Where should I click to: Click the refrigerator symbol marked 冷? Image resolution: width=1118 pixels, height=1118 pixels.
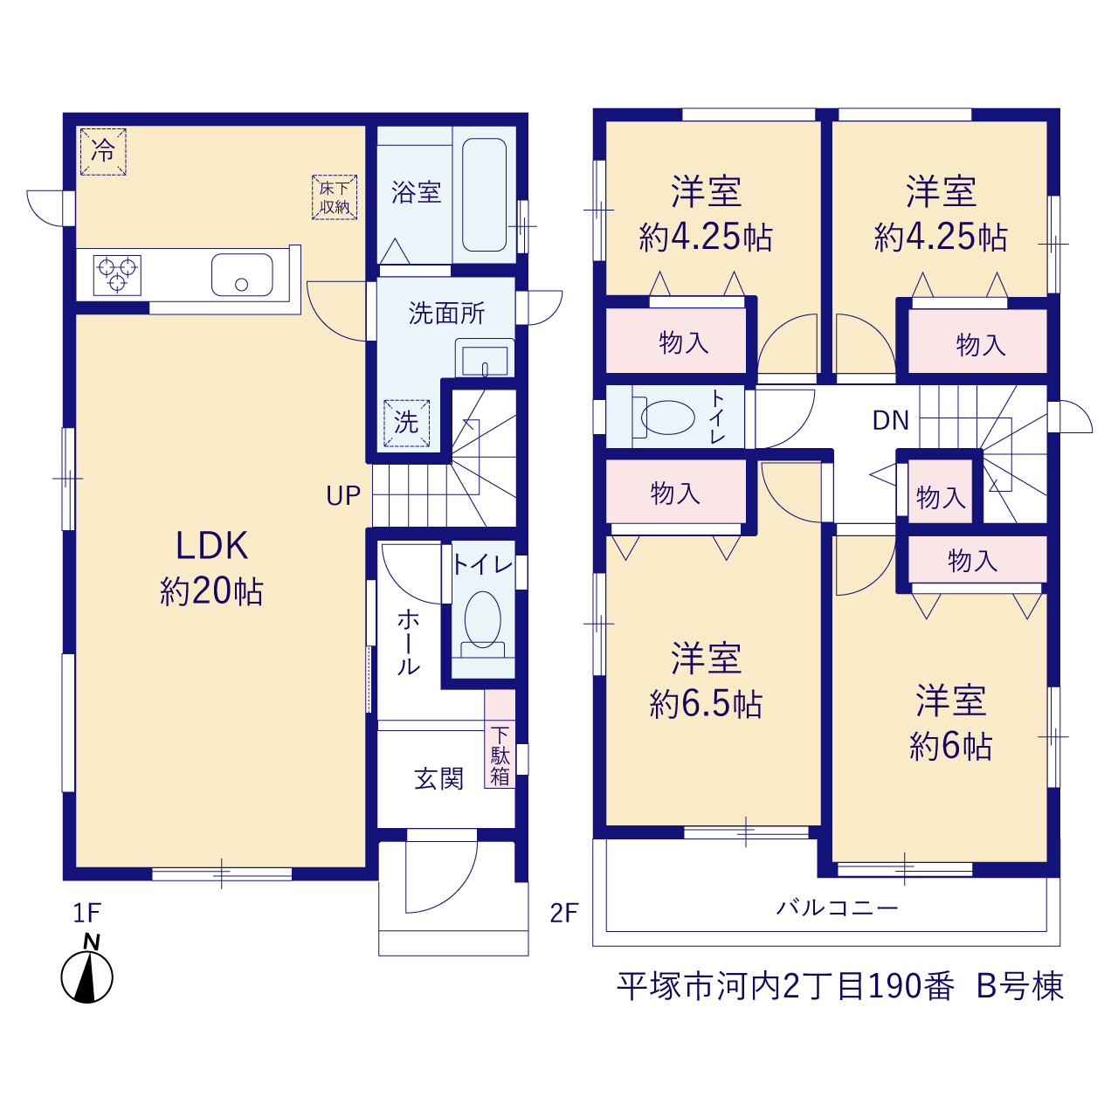tap(103, 151)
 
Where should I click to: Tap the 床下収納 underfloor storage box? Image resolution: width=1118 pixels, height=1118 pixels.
tap(335, 197)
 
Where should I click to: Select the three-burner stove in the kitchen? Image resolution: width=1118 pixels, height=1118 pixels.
tap(117, 275)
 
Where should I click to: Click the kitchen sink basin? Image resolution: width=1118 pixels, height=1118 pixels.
tap(242, 274)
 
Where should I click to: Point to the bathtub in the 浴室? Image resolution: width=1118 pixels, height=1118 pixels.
tap(485, 195)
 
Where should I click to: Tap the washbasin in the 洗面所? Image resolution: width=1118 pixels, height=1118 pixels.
tap(485, 358)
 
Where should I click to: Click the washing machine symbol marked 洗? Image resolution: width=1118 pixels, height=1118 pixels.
tap(406, 423)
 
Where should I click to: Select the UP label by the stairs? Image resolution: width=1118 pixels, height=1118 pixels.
tap(343, 496)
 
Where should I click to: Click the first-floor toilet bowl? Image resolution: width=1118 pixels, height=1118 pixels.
tap(483, 620)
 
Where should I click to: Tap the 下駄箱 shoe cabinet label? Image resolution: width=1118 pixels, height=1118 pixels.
tap(500, 756)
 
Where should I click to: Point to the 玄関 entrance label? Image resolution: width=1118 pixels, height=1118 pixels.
tap(438, 779)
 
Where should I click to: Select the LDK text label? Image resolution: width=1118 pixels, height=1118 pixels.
tap(211, 546)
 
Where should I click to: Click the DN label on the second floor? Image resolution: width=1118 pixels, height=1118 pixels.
tap(891, 421)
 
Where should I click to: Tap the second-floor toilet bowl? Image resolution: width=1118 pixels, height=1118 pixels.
tap(667, 418)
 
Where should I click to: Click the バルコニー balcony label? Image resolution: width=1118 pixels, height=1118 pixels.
tap(837, 908)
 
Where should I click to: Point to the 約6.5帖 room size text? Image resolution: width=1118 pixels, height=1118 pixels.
tap(706, 704)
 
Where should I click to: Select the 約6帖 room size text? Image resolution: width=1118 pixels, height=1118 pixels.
tap(950, 746)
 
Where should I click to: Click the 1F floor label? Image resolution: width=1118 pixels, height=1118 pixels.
tap(87, 914)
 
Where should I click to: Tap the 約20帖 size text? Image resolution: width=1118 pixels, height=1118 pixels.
tap(211, 592)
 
